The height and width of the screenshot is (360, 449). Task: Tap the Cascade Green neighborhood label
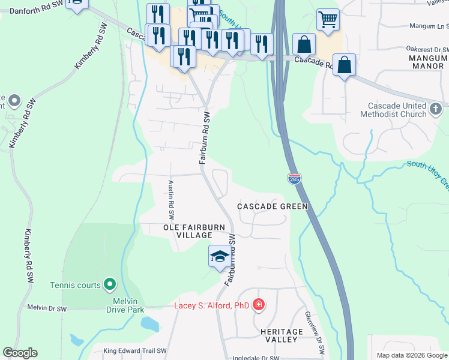[x=272, y=206]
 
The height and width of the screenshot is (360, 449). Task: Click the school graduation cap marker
[x=219, y=256]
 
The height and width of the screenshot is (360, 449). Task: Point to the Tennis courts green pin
[x=109, y=284]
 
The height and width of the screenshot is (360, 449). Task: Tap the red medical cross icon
[x=259, y=305]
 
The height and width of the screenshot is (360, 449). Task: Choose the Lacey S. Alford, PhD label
[x=211, y=305]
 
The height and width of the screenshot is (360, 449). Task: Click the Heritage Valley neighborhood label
[x=282, y=335]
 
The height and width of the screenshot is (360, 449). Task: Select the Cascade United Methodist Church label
[x=394, y=109]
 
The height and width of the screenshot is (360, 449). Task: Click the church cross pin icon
[x=436, y=109]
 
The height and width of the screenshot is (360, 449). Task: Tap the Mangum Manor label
[x=427, y=62]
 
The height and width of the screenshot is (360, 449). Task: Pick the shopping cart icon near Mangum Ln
[x=328, y=19]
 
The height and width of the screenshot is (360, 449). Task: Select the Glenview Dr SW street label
[x=315, y=331]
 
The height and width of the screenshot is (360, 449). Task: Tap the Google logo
[x=20, y=353]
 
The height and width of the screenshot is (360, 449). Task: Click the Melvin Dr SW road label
[x=47, y=308]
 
